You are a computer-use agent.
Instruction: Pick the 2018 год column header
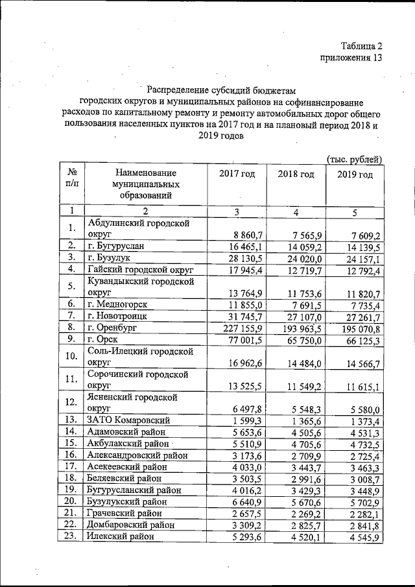pos(296,174)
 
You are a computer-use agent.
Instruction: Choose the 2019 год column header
pos(355,175)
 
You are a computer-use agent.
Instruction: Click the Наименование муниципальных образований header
pos(145,184)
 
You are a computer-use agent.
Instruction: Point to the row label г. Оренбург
pos(117,328)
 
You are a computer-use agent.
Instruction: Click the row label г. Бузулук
pos(110,258)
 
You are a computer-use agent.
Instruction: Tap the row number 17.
pos(71,466)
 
